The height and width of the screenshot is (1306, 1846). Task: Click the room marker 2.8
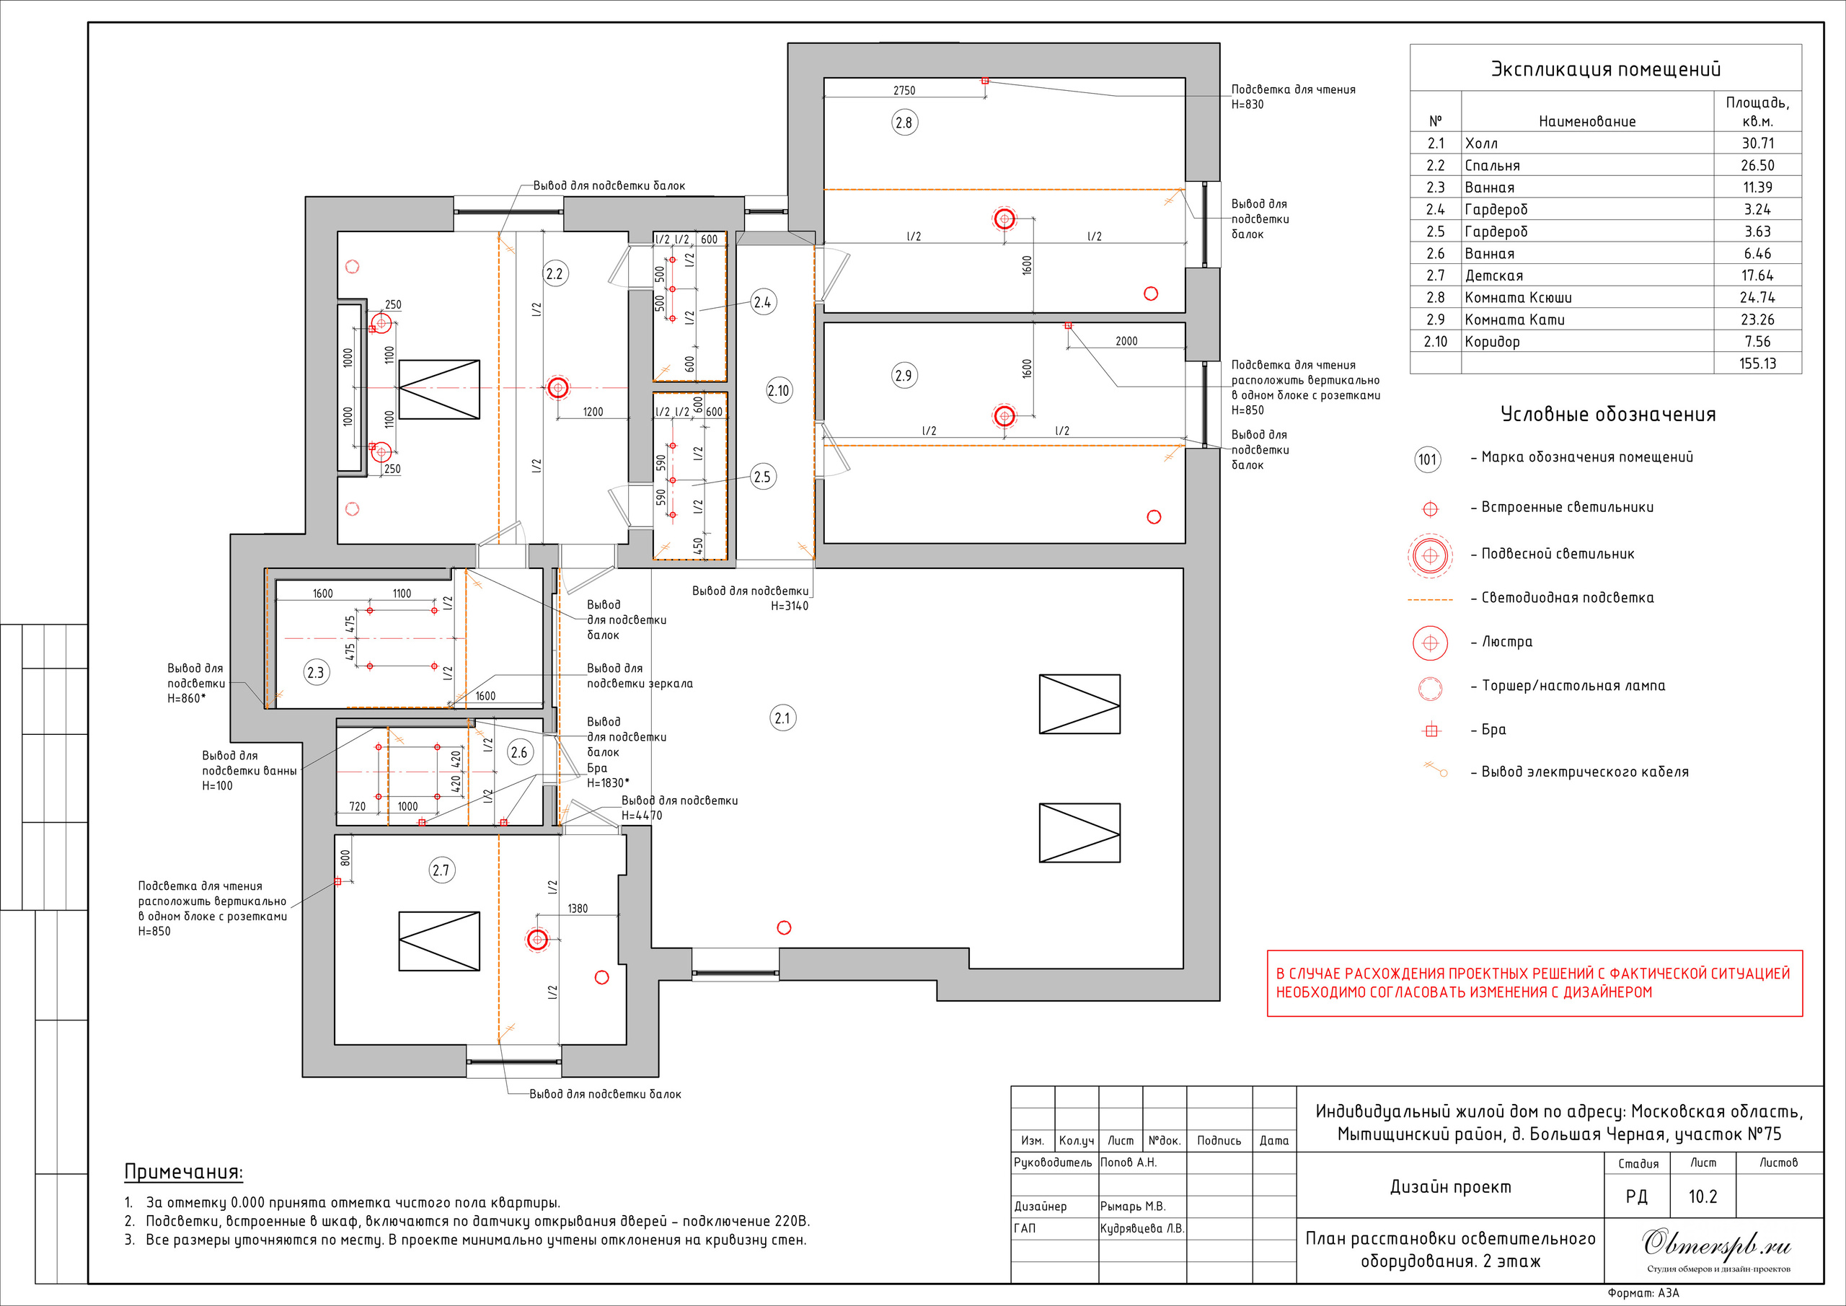click(904, 123)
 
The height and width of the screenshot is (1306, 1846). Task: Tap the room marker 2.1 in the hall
click(782, 718)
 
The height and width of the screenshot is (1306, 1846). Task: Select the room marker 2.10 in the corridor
click(778, 392)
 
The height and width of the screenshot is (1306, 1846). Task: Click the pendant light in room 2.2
click(558, 389)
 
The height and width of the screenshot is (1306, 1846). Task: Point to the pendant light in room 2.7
click(537, 939)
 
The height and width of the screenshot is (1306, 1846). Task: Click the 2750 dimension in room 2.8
click(904, 91)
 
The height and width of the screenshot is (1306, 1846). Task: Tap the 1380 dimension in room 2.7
click(578, 909)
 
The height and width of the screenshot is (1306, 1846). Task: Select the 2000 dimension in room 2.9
click(1126, 341)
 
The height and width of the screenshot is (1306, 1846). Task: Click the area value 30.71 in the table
click(1757, 143)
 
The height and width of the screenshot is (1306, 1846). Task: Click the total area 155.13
click(1757, 363)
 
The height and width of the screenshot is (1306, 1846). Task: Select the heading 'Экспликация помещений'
click(1606, 69)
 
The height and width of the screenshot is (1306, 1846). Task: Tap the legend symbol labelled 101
click(1428, 460)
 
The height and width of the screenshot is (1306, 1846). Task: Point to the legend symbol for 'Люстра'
click(1431, 643)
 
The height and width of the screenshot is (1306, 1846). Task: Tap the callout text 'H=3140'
click(790, 606)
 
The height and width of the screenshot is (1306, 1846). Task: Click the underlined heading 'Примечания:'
click(183, 1172)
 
